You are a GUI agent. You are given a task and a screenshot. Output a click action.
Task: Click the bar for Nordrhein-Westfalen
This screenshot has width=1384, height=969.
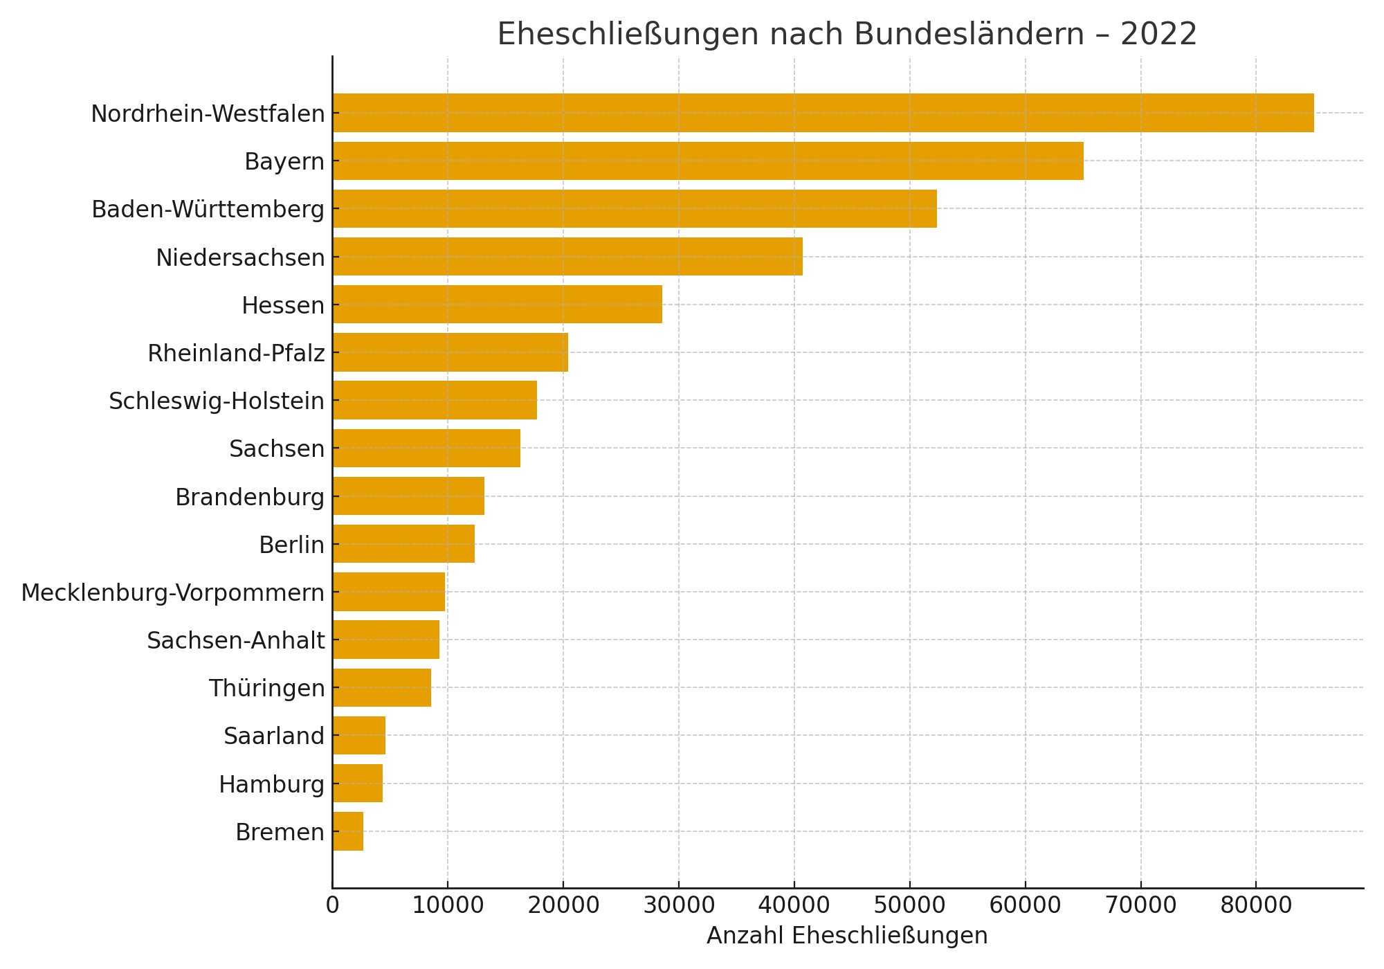point(823,113)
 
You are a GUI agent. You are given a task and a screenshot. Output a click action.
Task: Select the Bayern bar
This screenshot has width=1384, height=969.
point(707,161)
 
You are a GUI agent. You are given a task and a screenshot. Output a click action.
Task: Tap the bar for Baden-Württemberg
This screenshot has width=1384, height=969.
point(634,209)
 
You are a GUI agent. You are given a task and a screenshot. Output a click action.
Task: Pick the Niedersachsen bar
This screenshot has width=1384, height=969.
point(567,257)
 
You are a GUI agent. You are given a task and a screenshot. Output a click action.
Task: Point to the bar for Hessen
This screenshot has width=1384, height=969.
point(497,305)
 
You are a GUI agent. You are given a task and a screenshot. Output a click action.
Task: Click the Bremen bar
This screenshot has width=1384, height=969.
point(347,831)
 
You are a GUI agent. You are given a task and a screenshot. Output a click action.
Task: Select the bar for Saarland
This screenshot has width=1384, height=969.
point(358,736)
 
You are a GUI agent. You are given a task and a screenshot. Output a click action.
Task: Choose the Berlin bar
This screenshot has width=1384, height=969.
point(403,544)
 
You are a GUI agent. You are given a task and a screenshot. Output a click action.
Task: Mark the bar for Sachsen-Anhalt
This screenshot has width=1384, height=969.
point(385,640)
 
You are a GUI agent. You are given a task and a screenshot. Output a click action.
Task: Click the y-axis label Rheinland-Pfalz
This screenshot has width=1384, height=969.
point(236,354)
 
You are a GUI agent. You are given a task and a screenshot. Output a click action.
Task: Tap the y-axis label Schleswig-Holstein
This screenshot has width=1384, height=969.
point(217,401)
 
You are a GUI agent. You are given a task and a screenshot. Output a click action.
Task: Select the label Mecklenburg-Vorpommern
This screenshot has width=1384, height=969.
point(172,593)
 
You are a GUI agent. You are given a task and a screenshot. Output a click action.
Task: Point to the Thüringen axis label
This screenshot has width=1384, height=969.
point(266,689)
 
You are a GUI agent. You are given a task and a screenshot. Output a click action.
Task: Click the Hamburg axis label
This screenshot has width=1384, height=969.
point(271,784)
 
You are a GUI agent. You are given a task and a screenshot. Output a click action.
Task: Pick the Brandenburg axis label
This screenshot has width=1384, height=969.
point(249,498)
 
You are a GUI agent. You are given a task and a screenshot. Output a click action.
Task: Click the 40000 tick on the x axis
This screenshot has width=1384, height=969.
point(794,906)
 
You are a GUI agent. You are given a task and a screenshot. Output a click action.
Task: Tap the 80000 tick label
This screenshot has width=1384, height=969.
point(1255,906)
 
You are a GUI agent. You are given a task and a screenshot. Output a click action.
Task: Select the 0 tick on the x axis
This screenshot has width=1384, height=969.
point(332,906)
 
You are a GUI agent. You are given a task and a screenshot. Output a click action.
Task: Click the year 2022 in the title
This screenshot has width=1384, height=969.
point(1158,34)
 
